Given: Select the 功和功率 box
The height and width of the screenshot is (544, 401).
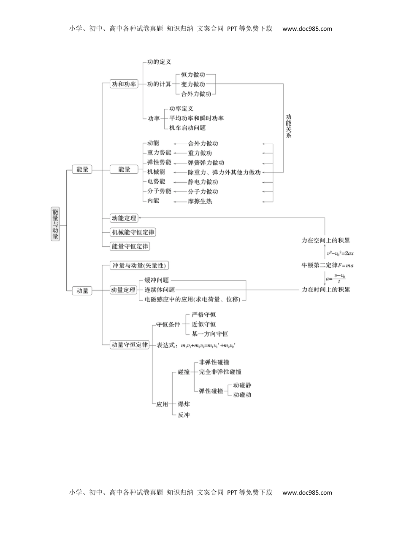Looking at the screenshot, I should (124, 84).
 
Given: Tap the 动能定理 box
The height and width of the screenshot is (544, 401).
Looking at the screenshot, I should (124, 218).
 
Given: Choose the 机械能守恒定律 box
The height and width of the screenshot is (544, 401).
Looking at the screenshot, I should (133, 232).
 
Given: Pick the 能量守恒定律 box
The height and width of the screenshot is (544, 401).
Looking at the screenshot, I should (130, 246).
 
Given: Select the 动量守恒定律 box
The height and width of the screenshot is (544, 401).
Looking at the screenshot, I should (130, 345).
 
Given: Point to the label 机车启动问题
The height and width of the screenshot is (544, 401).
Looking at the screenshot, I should (187, 128).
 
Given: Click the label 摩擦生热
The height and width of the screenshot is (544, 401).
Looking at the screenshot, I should (200, 201).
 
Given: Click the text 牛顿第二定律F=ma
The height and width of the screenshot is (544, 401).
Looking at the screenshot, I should (328, 265).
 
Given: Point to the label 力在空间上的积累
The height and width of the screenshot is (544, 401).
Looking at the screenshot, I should (325, 240).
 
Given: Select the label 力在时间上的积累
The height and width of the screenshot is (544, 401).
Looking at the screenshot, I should (325, 289).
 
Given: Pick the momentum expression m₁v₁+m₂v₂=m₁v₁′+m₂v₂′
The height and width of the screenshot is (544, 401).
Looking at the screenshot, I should (208, 345).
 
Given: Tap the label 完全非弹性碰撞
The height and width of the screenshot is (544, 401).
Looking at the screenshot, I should (220, 372).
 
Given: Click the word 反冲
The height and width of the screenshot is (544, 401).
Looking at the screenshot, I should (184, 415).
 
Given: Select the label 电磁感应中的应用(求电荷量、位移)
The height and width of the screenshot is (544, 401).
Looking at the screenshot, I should (192, 299).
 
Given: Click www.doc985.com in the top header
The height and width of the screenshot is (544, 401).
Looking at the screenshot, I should (307, 29).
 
